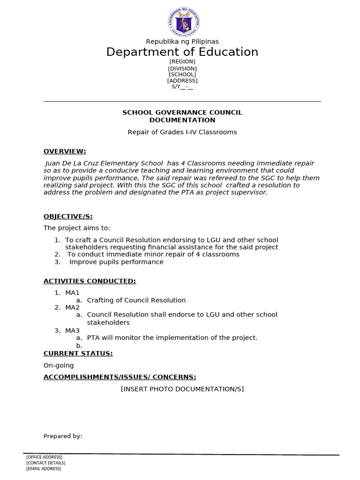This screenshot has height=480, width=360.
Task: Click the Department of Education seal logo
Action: click(x=183, y=22)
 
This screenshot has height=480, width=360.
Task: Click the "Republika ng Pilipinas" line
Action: click(x=182, y=42)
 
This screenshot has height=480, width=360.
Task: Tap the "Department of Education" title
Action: click(x=182, y=52)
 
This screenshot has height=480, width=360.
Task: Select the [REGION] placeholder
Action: click(x=182, y=62)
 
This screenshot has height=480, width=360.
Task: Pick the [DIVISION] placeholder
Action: click(x=182, y=68)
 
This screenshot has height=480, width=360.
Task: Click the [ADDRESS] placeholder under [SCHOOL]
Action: click(x=182, y=81)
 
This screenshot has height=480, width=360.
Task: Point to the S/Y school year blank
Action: click(x=182, y=87)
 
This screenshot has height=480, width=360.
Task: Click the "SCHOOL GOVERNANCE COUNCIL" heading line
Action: click(x=182, y=112)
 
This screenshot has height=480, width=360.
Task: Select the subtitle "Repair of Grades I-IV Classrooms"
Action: click(x=182, y=132)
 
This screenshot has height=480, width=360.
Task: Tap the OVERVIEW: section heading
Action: click(x=65, y=151)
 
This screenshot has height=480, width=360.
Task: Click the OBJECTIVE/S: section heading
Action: click(x=68, y=217)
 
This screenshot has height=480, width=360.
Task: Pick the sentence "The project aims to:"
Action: click(x=77, y=228)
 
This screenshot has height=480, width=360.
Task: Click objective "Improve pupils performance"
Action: click(x=116, y=262)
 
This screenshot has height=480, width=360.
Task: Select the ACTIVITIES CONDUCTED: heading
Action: click(x=90, y=281)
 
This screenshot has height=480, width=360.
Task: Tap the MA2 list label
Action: click(x=72, y=307)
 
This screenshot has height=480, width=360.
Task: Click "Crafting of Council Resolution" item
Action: click(x=136, y=300)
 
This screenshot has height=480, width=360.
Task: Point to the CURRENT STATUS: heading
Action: click(x=78, y=353)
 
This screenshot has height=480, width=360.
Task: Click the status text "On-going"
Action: click(x=59, y=366)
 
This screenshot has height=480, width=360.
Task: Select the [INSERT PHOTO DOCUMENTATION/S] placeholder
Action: click(x=182, y=389)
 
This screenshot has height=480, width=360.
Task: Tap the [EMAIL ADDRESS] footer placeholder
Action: click(x=44, y=468)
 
